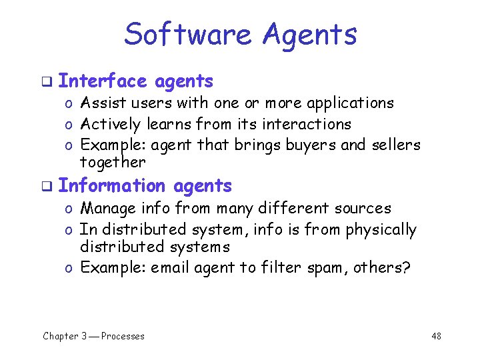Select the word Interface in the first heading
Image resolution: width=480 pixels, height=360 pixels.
tap(101, 81)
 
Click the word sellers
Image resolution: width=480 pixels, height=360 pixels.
tap(397, 144)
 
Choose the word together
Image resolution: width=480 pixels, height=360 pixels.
tap(112, 162)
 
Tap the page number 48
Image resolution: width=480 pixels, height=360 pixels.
tap(436, 336)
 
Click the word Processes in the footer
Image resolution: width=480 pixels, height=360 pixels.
tap(123, 336)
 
